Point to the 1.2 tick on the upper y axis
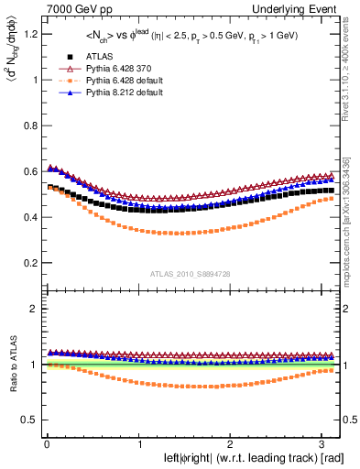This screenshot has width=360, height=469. point(27,34)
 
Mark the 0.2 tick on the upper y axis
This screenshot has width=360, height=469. point(27,263)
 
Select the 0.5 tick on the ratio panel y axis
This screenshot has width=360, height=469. point(27,420)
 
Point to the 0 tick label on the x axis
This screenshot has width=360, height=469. point(47,443)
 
